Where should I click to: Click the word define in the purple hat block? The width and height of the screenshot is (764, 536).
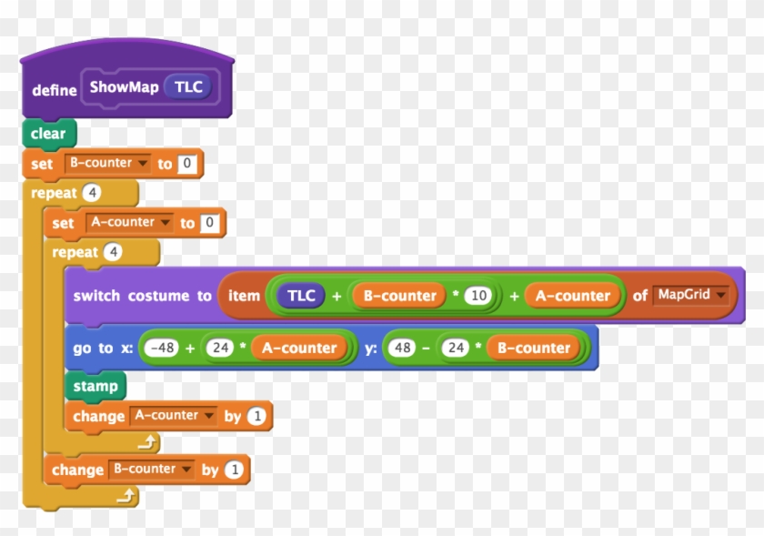point(54,90)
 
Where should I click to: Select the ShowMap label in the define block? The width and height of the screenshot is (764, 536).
point(124,87)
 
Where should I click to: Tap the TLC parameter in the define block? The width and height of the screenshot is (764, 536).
point(189,87)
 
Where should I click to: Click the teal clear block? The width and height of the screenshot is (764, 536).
point(48,134)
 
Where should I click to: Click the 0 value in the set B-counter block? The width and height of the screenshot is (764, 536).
point(187,164)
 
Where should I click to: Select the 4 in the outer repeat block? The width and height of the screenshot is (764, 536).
point(91,193)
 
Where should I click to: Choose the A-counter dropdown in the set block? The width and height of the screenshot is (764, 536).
point(129,222)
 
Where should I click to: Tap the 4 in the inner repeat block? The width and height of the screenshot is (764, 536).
point(113,252)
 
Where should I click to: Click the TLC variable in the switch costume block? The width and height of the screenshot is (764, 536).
point(301,296)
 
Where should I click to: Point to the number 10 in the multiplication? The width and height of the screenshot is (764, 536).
point(478,296)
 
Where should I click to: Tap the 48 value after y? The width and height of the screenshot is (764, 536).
point(401,348)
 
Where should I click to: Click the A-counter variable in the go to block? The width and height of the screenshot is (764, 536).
point(299,348)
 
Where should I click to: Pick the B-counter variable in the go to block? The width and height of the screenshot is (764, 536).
point(532,348)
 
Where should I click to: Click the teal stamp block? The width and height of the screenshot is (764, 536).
point(95,386)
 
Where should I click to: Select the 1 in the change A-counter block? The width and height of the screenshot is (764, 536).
point(256,416)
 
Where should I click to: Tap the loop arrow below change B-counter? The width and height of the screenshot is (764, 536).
point(127,496)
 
